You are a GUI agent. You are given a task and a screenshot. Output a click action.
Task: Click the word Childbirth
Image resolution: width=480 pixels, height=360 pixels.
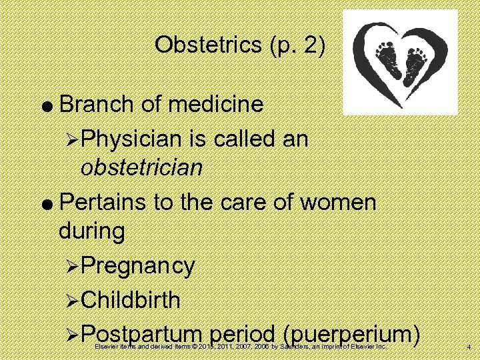click(131, 299)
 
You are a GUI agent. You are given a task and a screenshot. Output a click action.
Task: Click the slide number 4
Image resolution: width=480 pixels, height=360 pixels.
click(469, 347)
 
